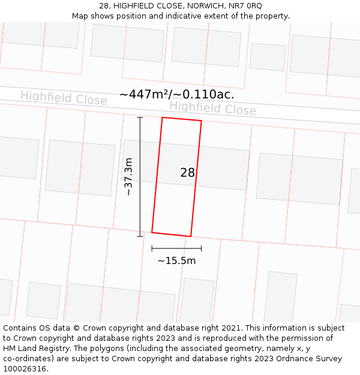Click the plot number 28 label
tap(187, 173)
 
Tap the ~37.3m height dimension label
tap(128, 176)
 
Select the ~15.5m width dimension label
tap(176, 261)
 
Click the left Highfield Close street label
tap(64, 98)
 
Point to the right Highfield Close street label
tap(212, 108)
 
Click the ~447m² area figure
tap(146, 94)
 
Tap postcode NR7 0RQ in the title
tap(245, 5)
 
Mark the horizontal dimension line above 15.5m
tap(176, 248)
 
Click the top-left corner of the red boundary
tap(162, 118)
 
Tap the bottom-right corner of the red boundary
tap(191, 236)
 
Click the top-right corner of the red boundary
tap(202, 121)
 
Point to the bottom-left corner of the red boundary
tap(152, 232)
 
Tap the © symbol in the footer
tap(76, 328)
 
